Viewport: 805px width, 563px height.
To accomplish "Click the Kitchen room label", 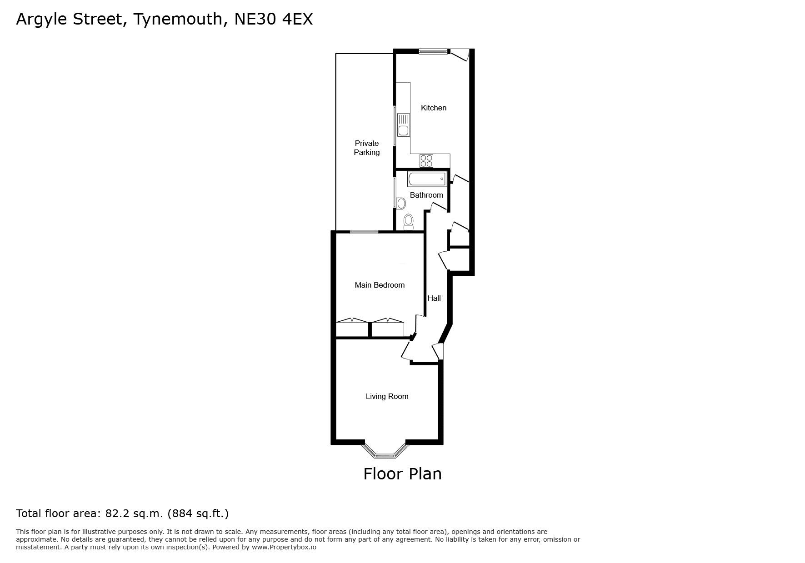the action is point(434,108).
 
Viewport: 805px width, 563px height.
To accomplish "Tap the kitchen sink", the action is point(403,125).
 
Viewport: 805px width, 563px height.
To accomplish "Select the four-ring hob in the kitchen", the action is point(426,160).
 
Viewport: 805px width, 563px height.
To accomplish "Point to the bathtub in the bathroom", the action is point(427,179).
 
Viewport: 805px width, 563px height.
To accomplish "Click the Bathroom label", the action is point(426,195).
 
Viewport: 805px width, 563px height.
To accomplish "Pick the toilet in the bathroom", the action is point(409,222).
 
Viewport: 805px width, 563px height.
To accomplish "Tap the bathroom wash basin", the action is point(401,203).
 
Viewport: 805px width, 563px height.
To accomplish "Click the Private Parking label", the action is point(367,148).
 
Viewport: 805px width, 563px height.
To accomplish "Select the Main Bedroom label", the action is point(380,285).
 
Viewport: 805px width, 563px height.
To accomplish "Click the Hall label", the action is point(434,298).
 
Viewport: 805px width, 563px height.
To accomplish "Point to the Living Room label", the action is point(387,396).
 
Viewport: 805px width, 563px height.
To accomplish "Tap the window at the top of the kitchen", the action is point(433,51).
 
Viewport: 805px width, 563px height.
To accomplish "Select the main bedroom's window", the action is point(364,232).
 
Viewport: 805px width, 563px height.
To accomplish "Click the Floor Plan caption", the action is point(402,474).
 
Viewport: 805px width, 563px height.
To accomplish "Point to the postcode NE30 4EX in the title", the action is point(274,19).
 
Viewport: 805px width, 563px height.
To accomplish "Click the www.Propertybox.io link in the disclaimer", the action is point(284,547).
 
